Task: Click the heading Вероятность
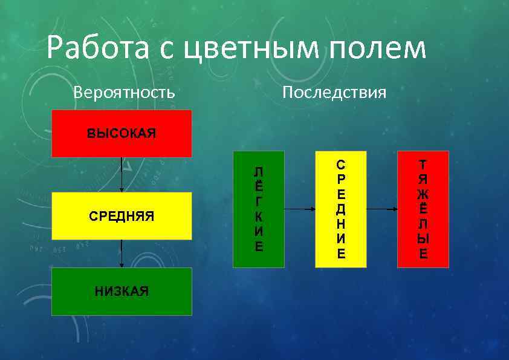pos(124,93)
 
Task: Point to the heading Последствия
pos(334,93)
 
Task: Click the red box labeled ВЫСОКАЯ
pos(122,134)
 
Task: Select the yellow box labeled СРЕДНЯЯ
pos(122,216)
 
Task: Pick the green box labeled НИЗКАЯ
pos(122,292)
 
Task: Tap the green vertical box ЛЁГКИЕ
pos(259,209)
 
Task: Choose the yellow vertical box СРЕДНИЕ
pos(341,209)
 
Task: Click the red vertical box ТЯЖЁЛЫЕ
pos(423,209)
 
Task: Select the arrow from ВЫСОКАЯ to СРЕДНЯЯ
pos(122,175)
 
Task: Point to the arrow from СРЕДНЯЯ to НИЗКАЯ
pos(122,254)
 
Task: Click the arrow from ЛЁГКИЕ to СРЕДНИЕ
pos(300,209)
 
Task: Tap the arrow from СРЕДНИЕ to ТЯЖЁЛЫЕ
pos(382,209)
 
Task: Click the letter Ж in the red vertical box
pos(423,194)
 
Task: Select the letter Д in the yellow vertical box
pos(342,209)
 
